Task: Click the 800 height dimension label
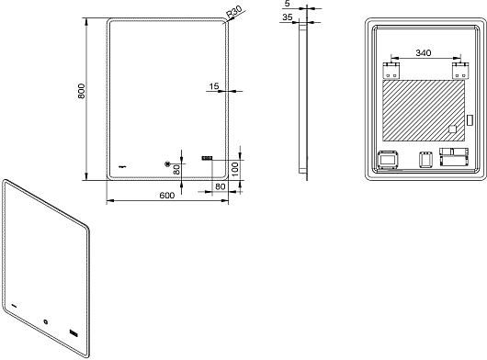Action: (81, 91)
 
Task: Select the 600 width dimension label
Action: (167, 196)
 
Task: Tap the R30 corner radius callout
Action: (233, 13)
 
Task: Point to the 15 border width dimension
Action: (214, 86)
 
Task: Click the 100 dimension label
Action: (235, 169)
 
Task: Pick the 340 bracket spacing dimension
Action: (424, 53)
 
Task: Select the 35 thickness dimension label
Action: (287, 17)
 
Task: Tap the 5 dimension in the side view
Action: (287, 4)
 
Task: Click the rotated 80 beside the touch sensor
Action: (176, 170)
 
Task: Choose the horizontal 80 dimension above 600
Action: (220, 186)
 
